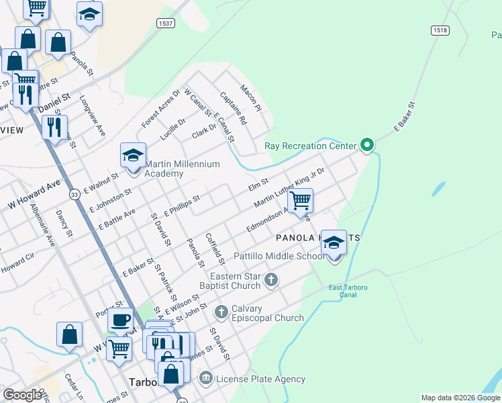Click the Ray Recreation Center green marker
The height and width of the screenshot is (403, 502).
tap(366, 144)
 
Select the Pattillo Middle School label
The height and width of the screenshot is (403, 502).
tap(279, 256)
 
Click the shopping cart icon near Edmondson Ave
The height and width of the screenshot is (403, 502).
tap(300, 199)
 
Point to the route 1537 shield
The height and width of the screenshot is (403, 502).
tap(166, 24)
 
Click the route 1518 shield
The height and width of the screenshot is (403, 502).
tap(440, 31)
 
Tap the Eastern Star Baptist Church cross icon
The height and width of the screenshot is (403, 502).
tap(270, 279)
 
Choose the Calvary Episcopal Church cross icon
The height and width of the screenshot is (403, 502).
tap(221, 312)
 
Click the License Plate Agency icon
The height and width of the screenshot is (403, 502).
tap(206, 379)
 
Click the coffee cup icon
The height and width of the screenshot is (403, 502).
tap(121, 321)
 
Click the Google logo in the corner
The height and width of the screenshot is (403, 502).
tap(23, 394)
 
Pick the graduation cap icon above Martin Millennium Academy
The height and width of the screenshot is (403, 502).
tap(133, 156)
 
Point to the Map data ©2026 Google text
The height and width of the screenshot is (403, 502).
tap(460, 398)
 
